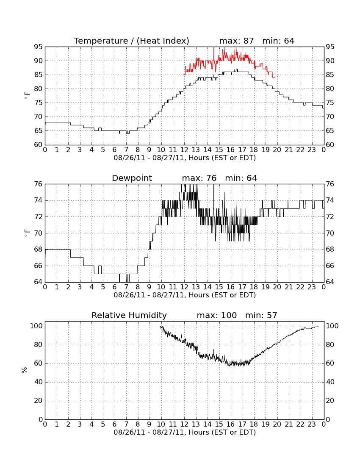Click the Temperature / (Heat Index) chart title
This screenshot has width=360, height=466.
132,41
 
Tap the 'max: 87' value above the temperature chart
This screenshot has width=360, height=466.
236,41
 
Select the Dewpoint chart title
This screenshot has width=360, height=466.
132,178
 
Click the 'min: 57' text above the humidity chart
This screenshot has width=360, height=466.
261,315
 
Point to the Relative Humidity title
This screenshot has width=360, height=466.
129,315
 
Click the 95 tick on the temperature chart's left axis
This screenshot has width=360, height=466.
38,47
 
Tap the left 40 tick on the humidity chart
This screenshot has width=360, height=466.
39,382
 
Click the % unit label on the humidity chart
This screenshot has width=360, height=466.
24,370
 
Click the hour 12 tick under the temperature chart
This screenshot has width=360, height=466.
184,150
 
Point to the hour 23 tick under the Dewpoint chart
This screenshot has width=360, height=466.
312,287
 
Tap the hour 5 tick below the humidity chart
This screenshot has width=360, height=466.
103,424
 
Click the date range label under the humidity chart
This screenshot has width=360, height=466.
185,432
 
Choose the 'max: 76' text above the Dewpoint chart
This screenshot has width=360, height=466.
199,178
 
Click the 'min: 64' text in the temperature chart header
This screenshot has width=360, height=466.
278,41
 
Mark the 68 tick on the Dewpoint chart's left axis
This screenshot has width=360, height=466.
38,250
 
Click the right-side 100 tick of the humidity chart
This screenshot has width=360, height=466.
332,326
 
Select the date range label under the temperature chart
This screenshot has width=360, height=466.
185,158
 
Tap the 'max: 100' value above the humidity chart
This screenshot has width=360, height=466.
217,315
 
